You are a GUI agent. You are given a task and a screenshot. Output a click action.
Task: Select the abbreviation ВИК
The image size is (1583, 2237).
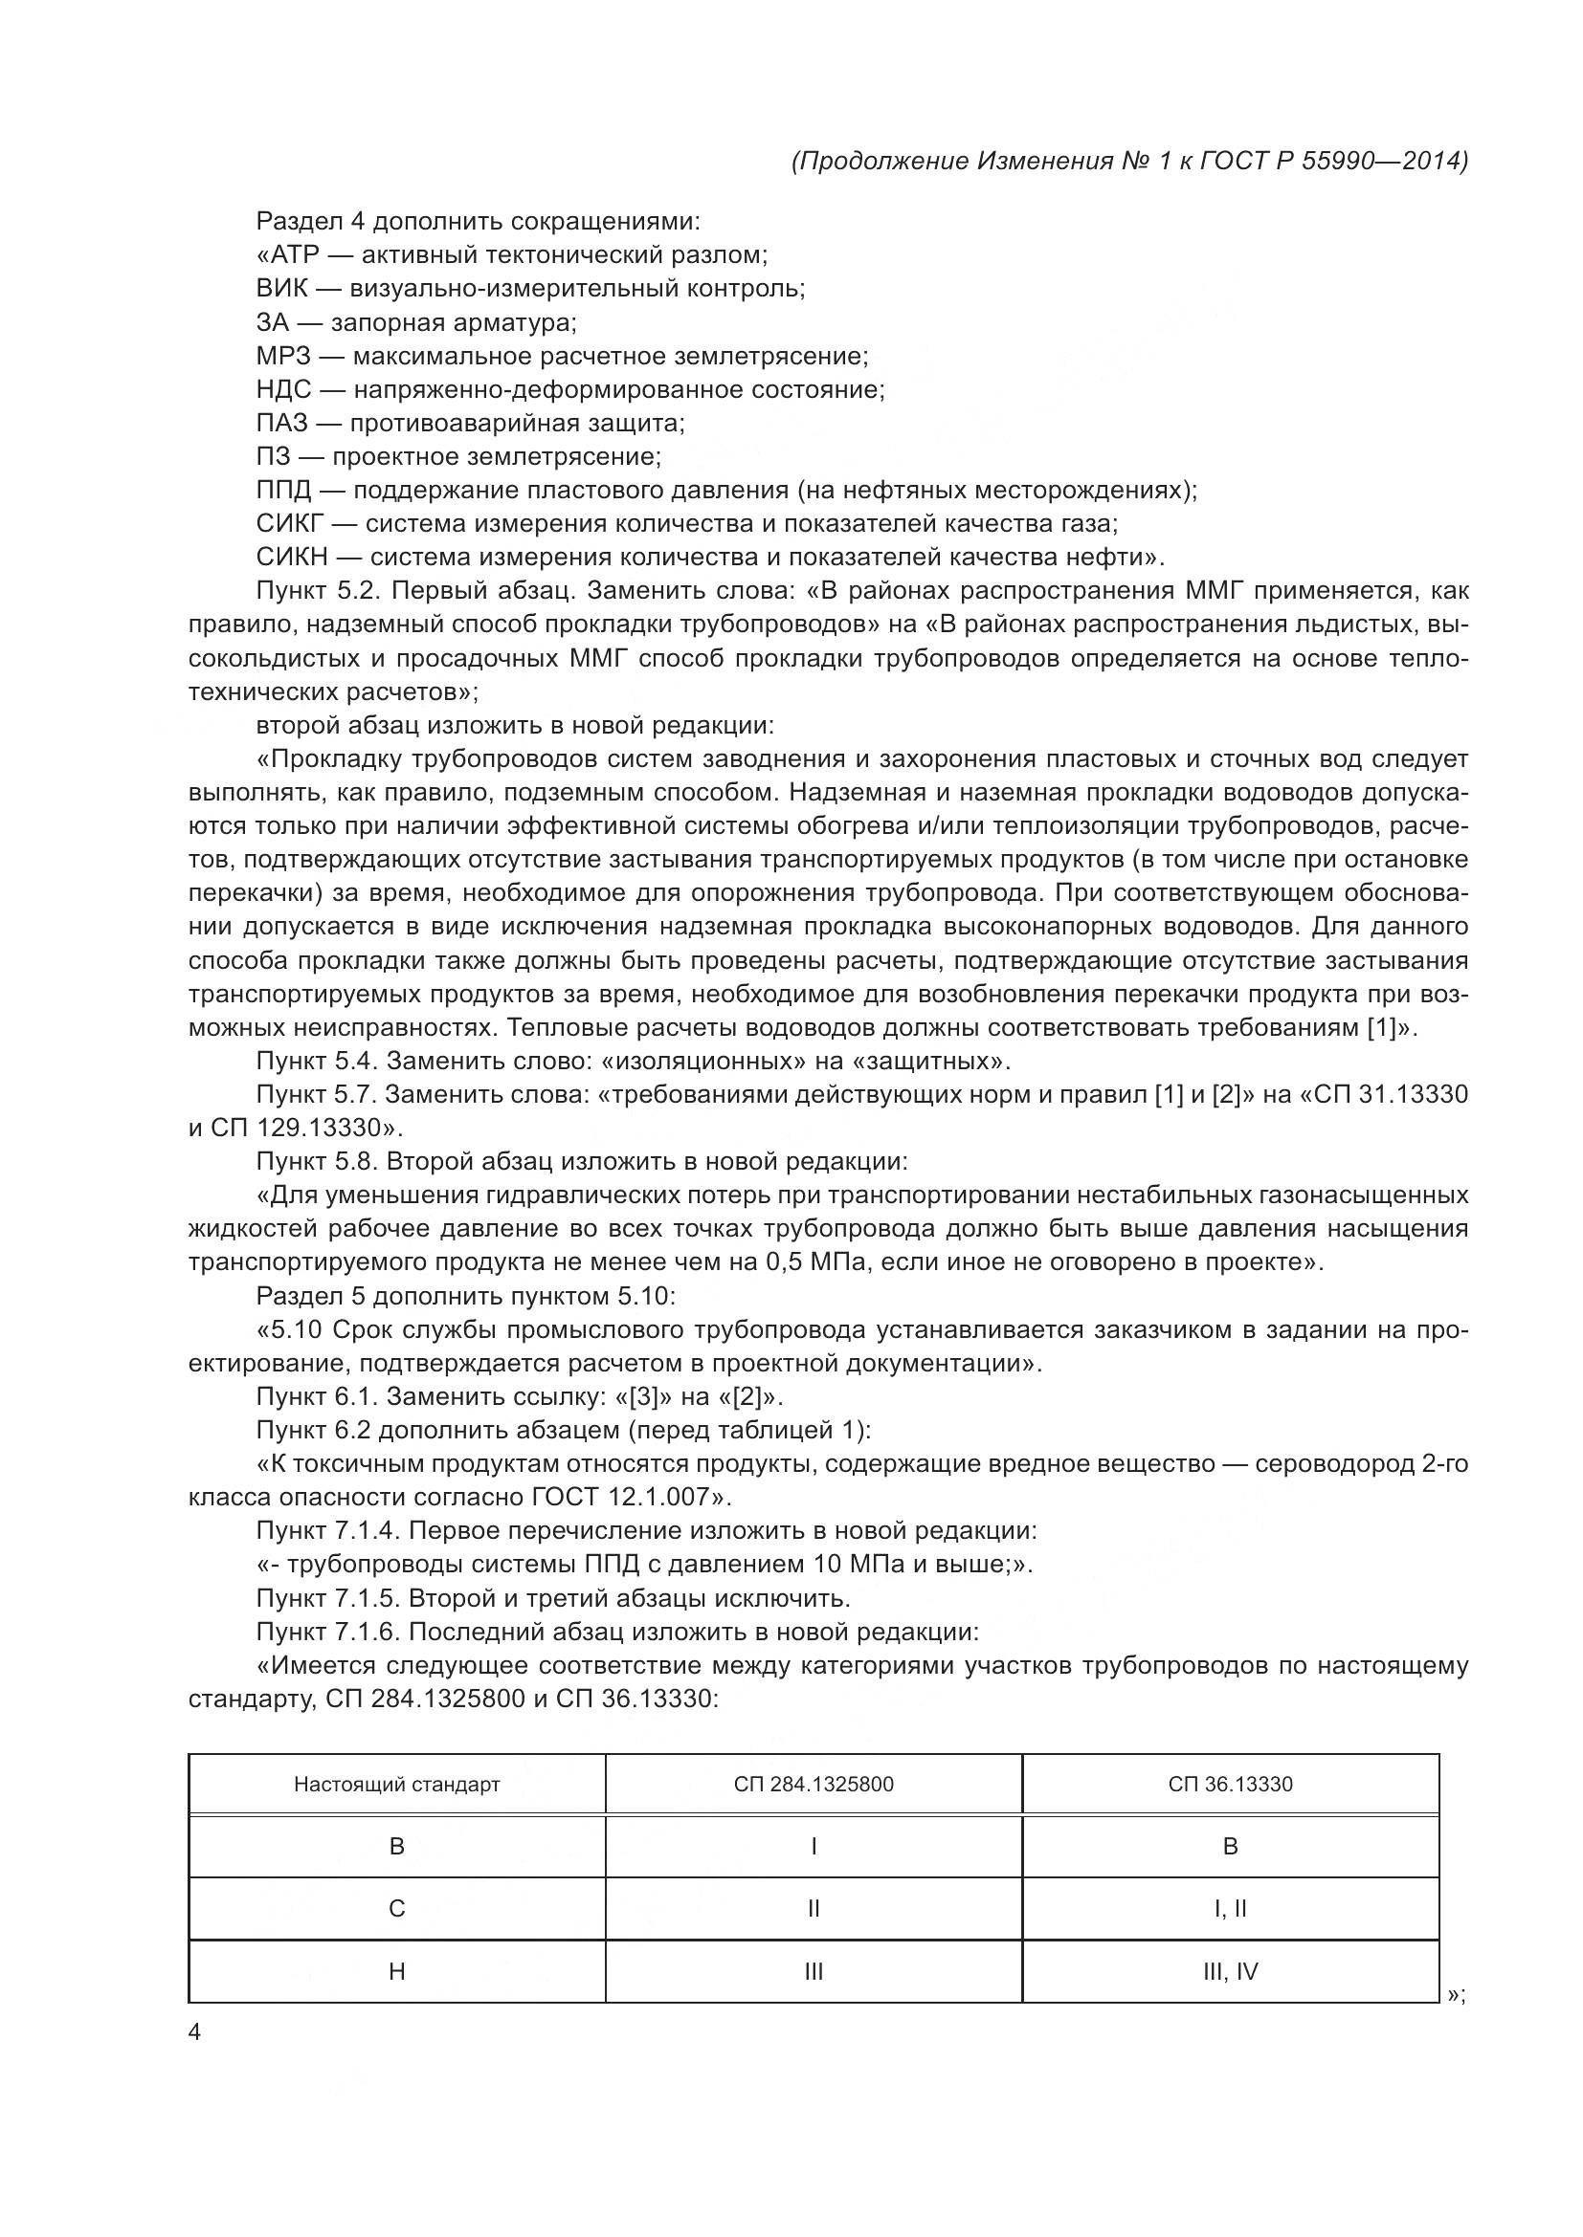point(282,289)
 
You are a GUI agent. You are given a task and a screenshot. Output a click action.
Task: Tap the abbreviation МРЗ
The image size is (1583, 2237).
point(283,356)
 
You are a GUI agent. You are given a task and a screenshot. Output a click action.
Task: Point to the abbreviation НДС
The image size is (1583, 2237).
point(283,389)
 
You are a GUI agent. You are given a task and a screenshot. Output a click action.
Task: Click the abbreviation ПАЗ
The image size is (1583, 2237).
point(281,423)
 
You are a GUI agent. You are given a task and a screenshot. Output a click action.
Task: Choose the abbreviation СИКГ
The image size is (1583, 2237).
point(289,523)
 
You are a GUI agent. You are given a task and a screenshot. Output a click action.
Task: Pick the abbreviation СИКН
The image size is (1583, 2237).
point(293,558)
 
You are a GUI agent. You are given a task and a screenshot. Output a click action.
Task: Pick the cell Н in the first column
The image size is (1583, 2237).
point(397,1971)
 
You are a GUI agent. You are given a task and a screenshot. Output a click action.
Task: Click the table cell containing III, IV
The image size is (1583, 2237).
point(1230,1971)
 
